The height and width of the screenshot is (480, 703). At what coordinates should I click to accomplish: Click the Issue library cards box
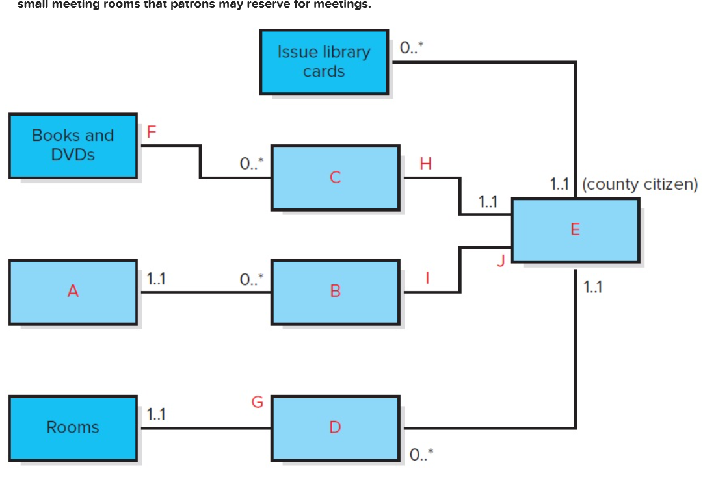[x=324, y=62]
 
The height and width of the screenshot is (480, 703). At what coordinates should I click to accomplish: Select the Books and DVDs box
[x=73, y=145]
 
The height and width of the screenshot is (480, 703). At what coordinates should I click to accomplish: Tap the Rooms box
[x=73, y=427]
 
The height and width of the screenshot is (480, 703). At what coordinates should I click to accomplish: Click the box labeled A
[x=73, y=292]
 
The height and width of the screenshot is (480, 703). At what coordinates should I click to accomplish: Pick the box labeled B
[x=335, y=292]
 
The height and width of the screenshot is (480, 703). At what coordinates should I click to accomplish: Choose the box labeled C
[x=335, y=177]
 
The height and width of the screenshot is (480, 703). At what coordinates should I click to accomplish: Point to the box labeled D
[x=335, y=427]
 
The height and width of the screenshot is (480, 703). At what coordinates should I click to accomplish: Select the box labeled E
[x=575, y=230]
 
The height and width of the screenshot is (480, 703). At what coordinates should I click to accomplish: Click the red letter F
[x=152, y=132]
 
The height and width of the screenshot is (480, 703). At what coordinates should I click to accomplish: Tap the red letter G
[x=258, y=403]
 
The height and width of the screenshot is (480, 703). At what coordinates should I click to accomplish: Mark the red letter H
[x=426, y=164]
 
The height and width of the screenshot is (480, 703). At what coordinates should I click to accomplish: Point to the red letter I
[x=427, y=278]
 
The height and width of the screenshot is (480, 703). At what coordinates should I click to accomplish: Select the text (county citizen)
[x=640, y=184]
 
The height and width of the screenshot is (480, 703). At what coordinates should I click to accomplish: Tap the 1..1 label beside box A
[x=156, y=279]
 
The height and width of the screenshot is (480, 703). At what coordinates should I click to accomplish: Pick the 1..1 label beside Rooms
[x=156, y=414]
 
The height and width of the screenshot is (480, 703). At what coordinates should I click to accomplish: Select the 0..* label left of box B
[x=252, y=279]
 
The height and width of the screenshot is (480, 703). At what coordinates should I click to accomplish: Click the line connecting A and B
[x=205, y=292]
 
